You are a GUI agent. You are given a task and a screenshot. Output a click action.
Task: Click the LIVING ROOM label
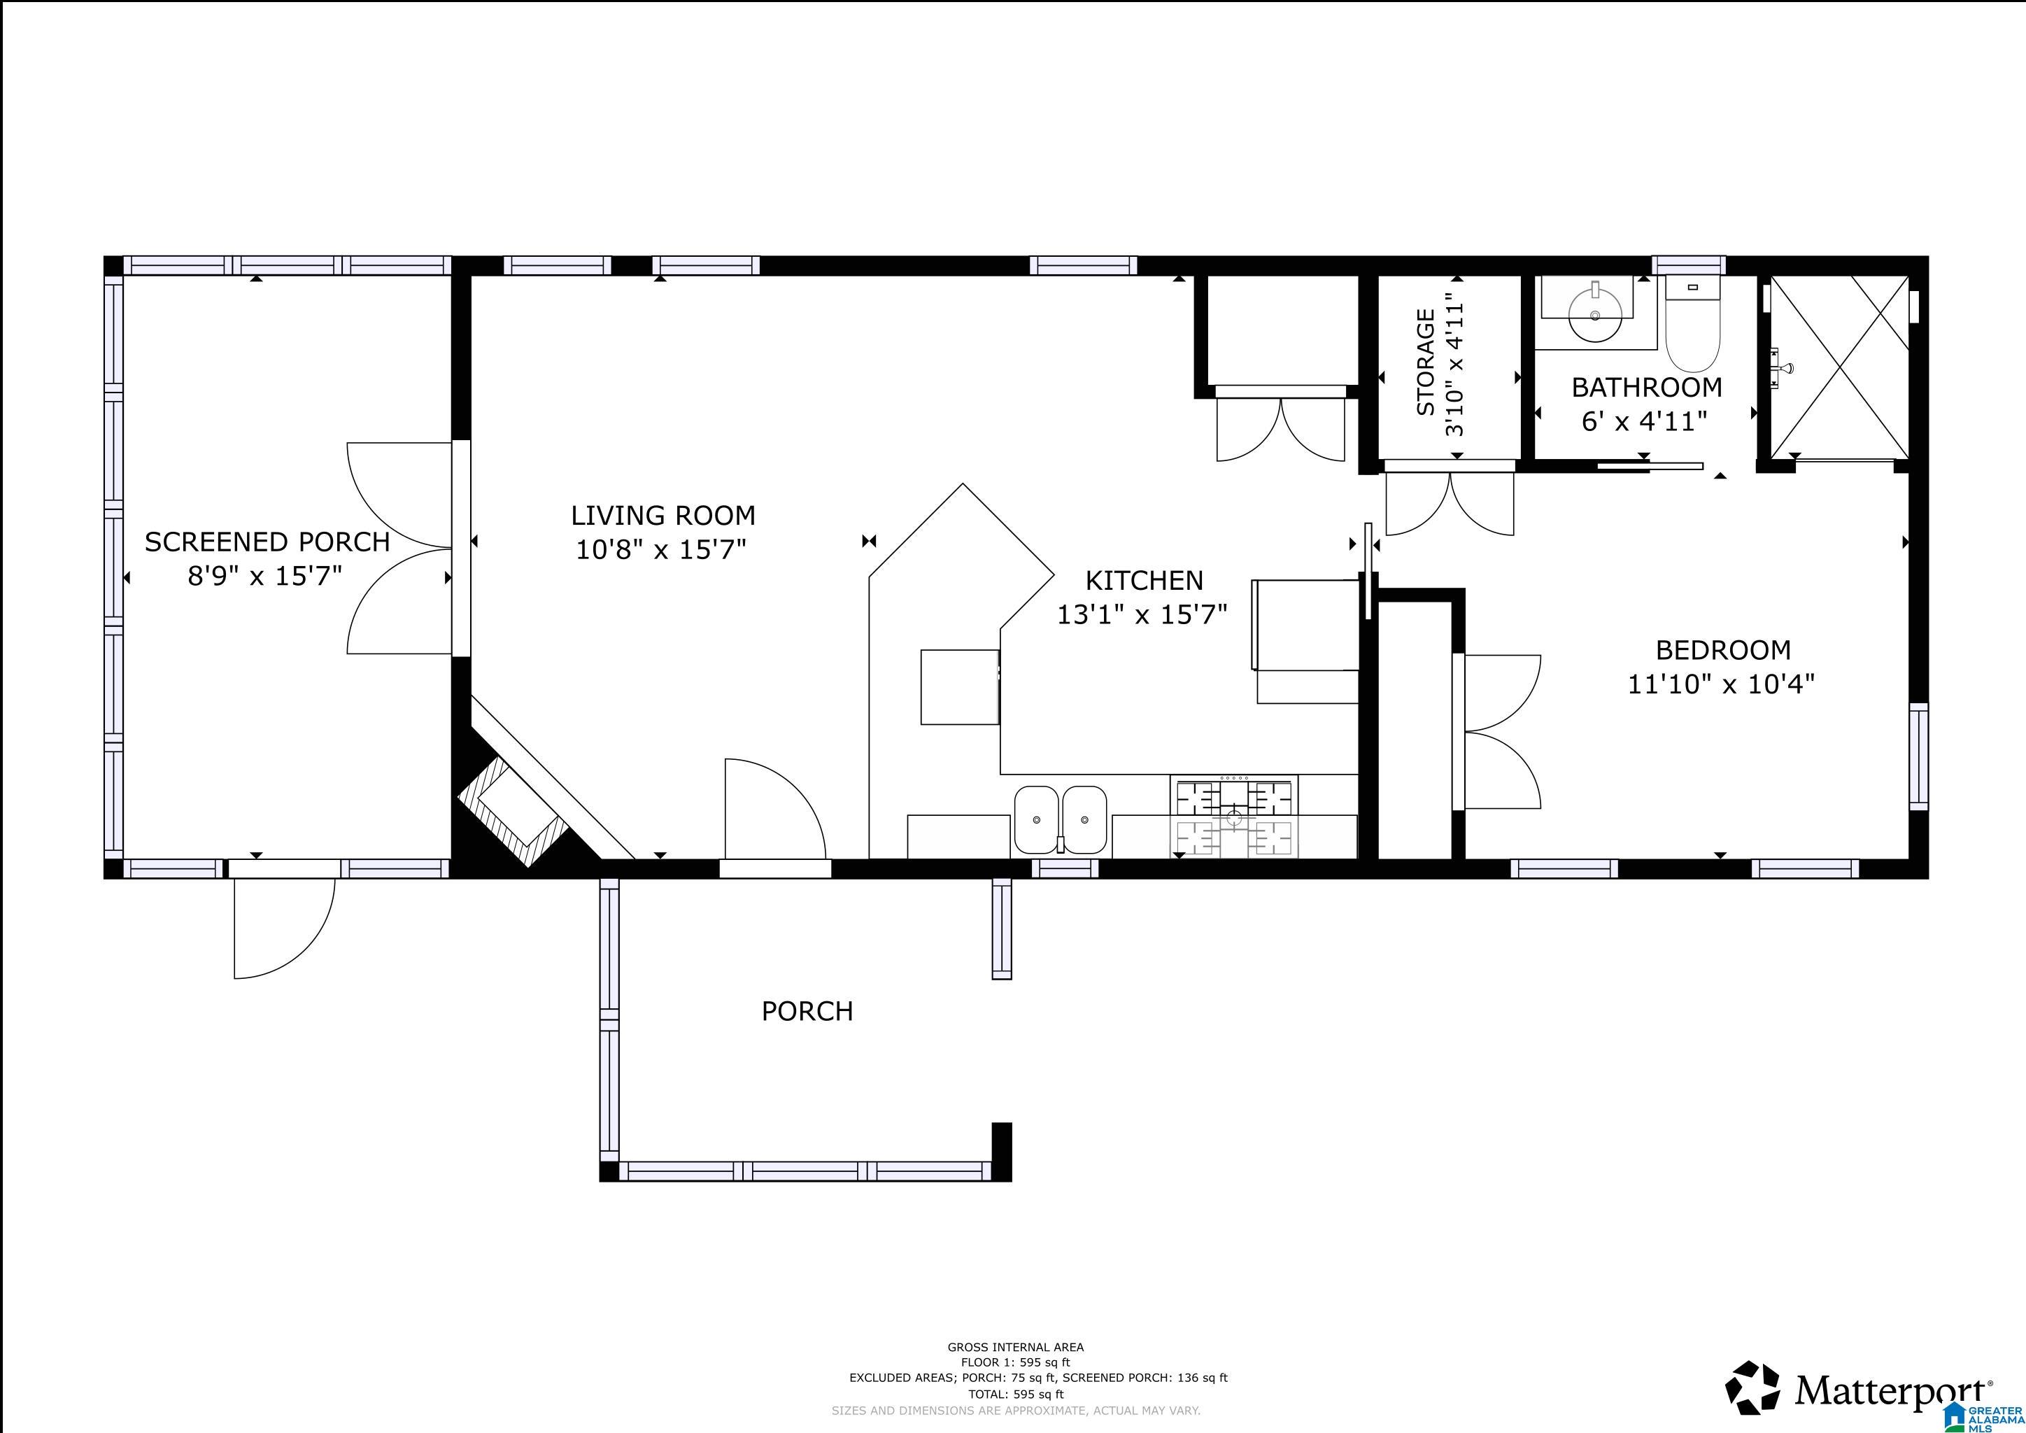click(x=663, y=515)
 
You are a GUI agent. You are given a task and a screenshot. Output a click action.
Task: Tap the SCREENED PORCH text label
click(x=267, y=542)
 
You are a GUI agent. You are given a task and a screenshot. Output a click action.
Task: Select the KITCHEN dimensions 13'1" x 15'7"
click(x=1142, y=614)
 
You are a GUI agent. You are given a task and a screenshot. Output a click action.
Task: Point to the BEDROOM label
click(x=1723, y=650)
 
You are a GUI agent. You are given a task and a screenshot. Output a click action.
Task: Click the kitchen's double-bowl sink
click(x=1060, y=820)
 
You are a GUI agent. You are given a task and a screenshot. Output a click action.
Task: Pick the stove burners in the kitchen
click(x=1235, y=817)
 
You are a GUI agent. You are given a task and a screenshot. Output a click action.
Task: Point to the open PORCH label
click(x=807, y=1011)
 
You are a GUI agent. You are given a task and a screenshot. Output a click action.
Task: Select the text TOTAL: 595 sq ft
click(x=1016, y=1395)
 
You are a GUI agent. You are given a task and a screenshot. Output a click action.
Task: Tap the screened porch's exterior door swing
click(x=284, y=929)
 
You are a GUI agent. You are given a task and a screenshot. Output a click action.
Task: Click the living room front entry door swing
click(x=774, y=808)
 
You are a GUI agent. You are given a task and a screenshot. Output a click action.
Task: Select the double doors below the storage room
click(x=1450, y=504)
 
